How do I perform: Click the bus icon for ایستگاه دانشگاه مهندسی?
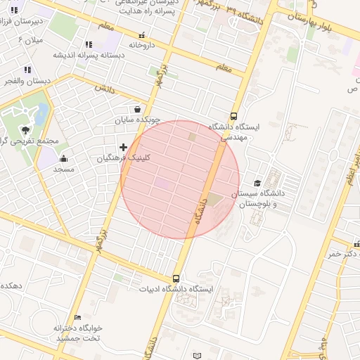click(233, 116)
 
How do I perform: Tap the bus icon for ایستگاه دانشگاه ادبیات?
click(176, 278)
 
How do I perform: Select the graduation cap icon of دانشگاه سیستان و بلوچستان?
click(257, 183)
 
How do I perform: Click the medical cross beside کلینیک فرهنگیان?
click(124, 147)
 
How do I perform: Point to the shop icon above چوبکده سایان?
click(137, 109)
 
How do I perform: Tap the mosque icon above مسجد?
click(64, 158)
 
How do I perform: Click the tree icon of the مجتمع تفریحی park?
click(26, 129)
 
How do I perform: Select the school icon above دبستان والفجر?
click(27, 70)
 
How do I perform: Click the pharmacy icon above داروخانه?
click(142, 34)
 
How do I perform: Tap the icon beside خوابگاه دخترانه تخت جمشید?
click(78, 318)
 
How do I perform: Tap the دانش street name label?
click(105, 89)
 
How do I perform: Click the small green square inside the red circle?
click(193, 136)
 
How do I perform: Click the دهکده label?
click(12, 286)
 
